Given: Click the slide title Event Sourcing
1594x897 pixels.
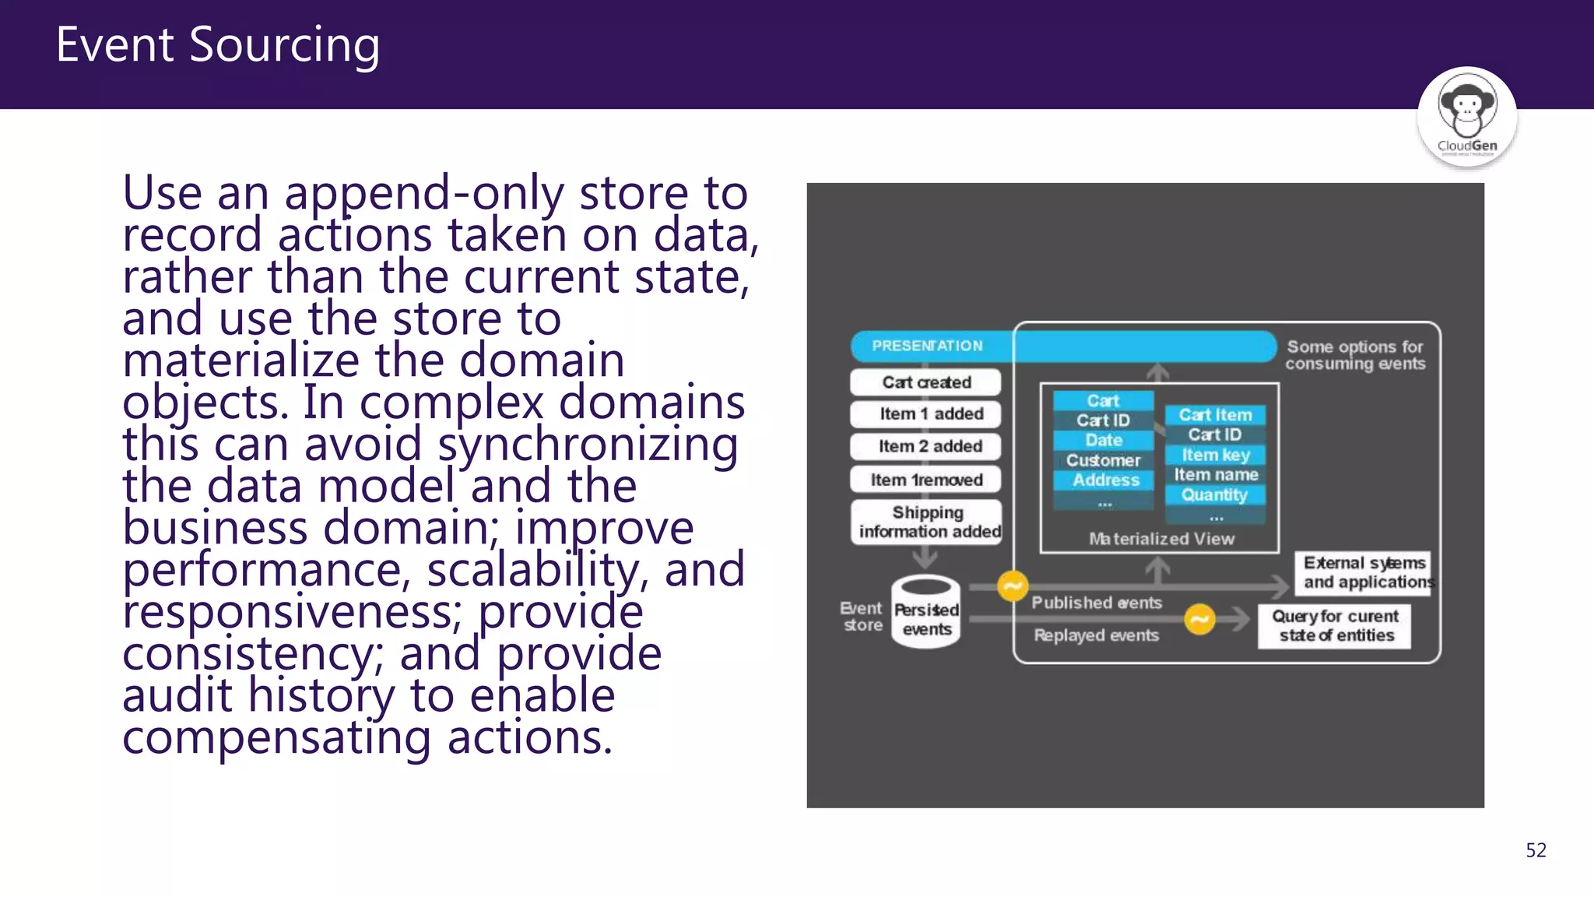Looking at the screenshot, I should point(218,44).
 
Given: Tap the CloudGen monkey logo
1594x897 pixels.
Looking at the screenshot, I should point(1466,117).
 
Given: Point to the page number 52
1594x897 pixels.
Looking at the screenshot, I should point(1536,850).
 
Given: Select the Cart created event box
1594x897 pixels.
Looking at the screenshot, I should point(925,382).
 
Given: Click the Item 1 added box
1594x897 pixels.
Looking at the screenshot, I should point(925,414).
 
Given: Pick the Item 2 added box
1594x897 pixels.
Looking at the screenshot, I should point(925,446).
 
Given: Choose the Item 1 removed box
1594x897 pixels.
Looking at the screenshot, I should point(925,480).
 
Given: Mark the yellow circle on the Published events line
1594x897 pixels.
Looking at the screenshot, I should point(1013,586).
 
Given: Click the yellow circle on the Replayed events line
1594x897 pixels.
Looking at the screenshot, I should point(1199,620).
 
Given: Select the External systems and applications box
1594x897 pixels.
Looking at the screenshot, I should point(1363,573).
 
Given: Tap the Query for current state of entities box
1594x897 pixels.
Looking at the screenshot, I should point(1335,626).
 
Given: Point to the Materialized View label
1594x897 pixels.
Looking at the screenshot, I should point(1161,539).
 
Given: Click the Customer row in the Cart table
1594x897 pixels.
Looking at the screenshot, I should point(1103,460).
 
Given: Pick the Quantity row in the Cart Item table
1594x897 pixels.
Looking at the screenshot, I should point(1214,494).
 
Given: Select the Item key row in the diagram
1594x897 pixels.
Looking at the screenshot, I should point(1215,455).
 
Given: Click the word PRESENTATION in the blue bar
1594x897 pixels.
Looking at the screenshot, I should point(927,346).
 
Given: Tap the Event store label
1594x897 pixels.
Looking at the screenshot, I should point(862,617).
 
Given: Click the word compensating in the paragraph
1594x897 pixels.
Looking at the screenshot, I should point(277,738).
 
